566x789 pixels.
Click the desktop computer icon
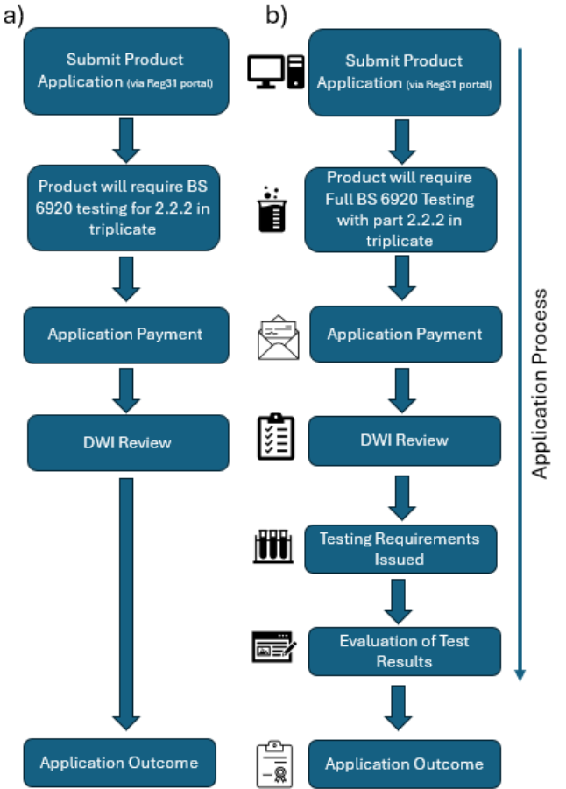click(x=274, y=71)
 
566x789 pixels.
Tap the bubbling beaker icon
click(x=272, y=208)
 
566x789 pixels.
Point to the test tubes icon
click(x=272, y=546)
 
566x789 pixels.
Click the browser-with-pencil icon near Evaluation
click(x=273, y=649)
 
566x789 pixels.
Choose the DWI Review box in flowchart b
click(x=403, y=440)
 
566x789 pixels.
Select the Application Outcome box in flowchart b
click(x=403, y=764)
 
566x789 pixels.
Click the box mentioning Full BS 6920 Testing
click(x=403, y=208)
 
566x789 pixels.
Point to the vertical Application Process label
click(x=541, y=383)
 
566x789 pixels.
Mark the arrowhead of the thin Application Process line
click(x=520, y=674)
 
